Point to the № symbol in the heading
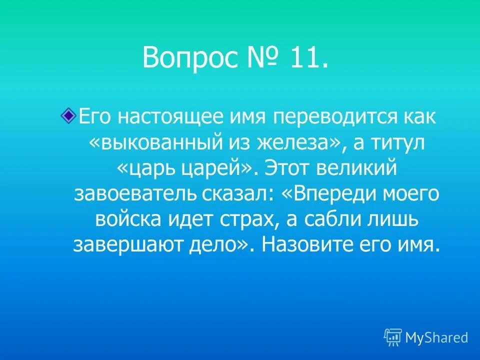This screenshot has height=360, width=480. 259,57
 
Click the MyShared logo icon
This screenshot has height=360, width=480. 393,337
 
